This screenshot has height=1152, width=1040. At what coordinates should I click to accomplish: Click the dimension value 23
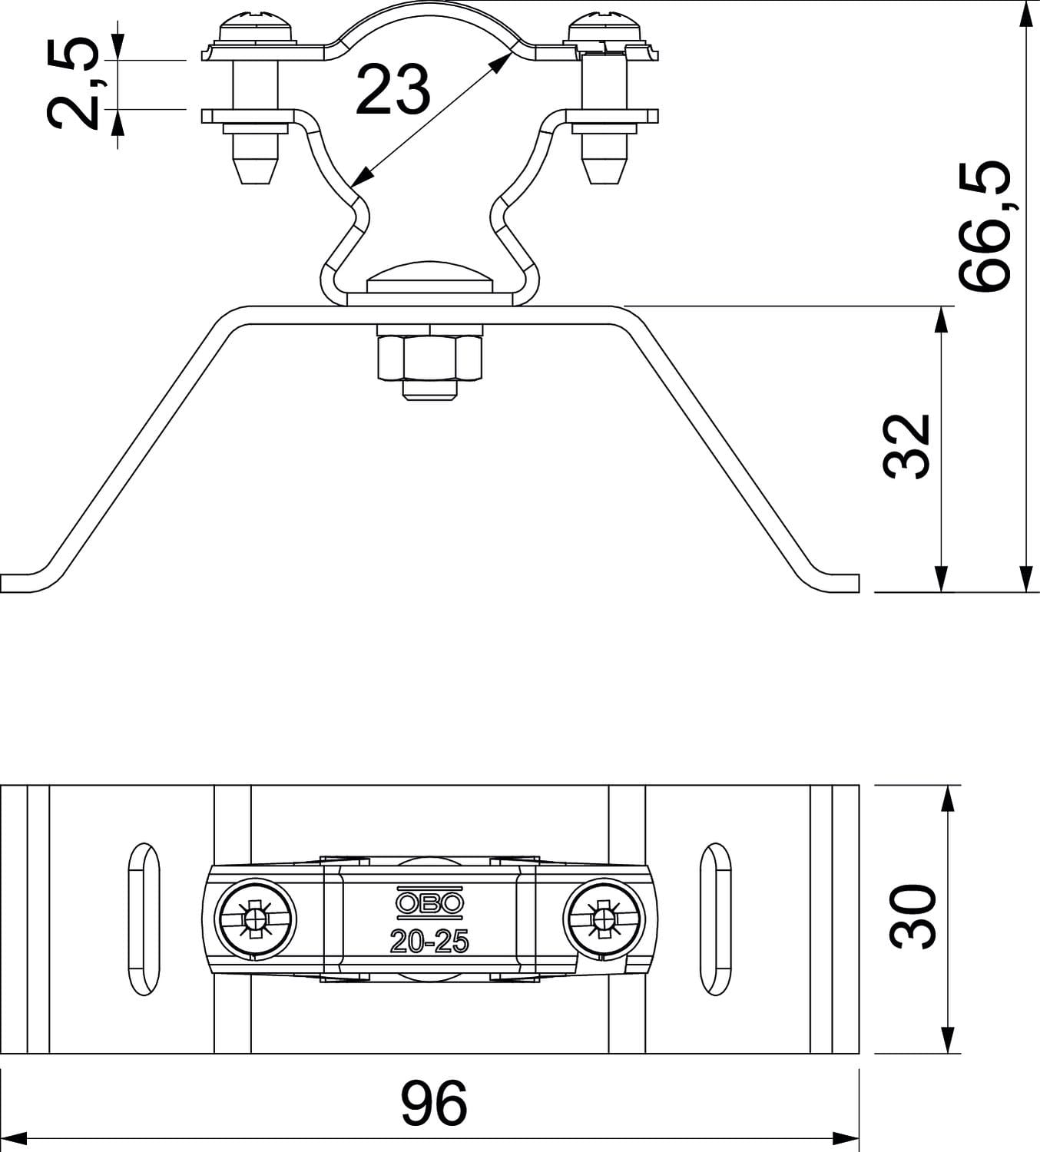pyautogui.click(x=393, y=89)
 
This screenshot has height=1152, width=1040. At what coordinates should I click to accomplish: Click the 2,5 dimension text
pyautogui.click(x=74, y=84)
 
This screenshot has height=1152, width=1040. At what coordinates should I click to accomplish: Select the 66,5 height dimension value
pyautogui.click(x=984, y=225)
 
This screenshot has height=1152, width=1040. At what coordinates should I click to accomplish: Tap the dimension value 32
pyautogui.click(x=906, y=446)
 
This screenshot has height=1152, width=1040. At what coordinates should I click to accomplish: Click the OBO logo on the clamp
pyautogui.click(x=429, y=903)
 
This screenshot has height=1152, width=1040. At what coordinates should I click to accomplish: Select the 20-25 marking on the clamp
pyautogui.click(x=429, y=942)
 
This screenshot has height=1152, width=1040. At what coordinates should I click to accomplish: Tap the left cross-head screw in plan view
pyautogui.click(x=255, y=919)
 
